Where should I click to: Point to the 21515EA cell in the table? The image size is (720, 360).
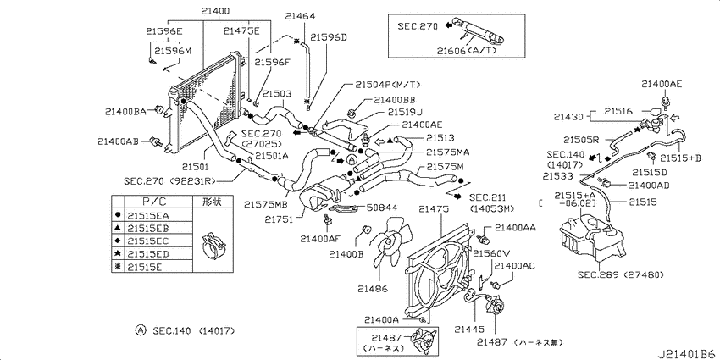148,216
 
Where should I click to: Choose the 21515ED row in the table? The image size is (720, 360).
148,254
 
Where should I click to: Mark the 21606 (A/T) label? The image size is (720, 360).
467,50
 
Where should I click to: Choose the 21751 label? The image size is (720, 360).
278,219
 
